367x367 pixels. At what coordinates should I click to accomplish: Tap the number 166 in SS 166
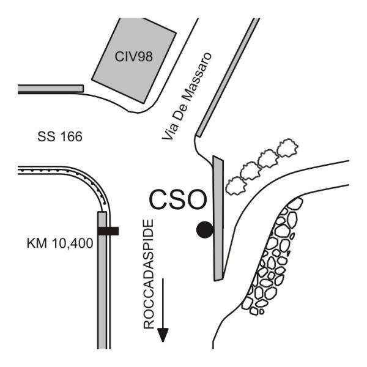pos(69,138)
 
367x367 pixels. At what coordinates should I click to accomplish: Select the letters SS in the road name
pos(44,138)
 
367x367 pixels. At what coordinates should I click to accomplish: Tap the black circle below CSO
pos(204,229)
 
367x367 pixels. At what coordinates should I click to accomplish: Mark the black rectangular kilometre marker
pos(108,231)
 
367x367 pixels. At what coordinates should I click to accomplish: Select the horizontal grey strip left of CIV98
pos(51,89)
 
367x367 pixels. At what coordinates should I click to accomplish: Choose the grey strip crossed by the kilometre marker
pos(102,281)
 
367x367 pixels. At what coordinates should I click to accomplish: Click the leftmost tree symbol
pos(234,184)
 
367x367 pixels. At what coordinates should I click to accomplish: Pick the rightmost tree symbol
pos(287,148)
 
